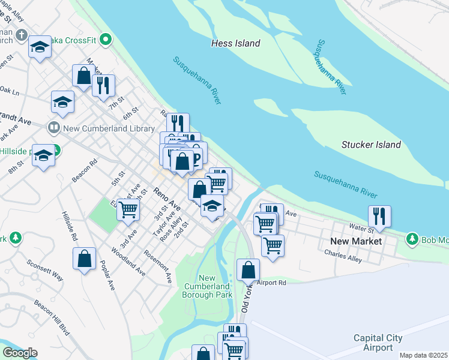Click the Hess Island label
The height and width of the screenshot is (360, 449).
[236, 43]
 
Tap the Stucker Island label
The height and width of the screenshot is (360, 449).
[371, 145]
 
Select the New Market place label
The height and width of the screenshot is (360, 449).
[356, 241]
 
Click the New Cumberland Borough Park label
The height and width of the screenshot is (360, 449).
[207, 286]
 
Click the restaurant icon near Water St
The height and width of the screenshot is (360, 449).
[379, 215]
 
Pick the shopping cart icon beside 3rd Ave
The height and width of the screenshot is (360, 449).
[128, 209]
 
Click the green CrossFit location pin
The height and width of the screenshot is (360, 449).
[106, 41]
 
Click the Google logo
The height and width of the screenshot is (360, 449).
[19, 353]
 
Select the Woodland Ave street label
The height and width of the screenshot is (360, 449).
[128, 262]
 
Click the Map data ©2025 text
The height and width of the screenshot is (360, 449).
[423, 355]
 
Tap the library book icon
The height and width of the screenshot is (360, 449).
[53, 128]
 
